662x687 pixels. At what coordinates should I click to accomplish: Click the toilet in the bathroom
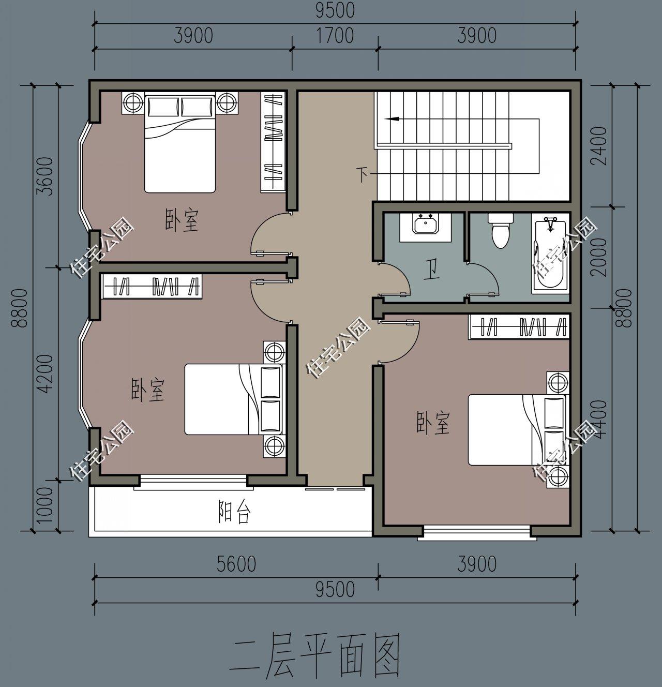[x=500, y=230]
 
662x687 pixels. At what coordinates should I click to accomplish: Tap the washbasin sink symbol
[x=426, y=226]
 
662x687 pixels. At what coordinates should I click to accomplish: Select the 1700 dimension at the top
[x=334, y=36]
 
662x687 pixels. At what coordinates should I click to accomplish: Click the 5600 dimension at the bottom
[x=236, y=564]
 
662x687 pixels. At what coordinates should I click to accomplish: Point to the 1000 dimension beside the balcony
[x=45, y=505]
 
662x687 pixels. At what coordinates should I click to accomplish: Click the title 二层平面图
[x=317, y=655]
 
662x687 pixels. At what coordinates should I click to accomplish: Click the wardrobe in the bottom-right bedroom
[x=519, y=327]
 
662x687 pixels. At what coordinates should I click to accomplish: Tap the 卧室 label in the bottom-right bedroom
[x=433, y=423]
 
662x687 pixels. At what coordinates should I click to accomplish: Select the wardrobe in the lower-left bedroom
[x=153, y=287]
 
